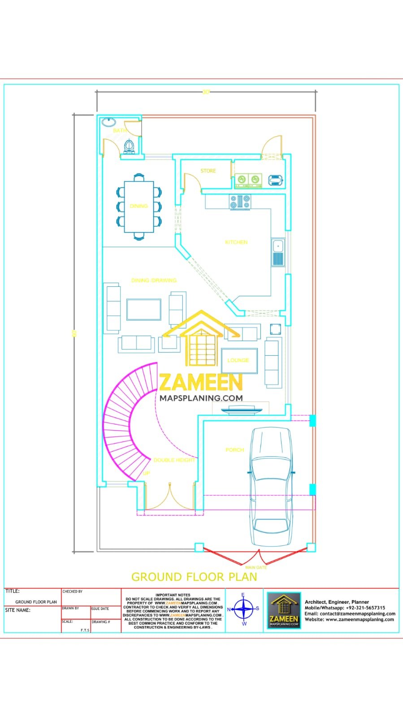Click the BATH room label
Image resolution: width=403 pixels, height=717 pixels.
120,130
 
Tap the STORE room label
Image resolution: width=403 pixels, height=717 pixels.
208,171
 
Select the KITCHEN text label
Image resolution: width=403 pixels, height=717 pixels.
236,242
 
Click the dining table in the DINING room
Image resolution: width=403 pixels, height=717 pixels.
139,206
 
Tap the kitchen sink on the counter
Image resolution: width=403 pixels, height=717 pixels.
278,252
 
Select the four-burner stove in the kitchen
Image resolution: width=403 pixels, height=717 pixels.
240,202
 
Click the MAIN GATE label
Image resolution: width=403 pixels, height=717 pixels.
256,567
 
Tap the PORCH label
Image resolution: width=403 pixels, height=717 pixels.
234,449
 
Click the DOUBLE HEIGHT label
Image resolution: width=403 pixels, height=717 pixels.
174,460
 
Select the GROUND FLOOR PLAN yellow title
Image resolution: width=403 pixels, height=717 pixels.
194,577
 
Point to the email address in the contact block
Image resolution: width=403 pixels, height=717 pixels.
350,613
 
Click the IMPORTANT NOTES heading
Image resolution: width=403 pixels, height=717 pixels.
173,595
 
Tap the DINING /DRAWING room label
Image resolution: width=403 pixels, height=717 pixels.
154,280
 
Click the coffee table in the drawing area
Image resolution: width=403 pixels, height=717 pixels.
143,309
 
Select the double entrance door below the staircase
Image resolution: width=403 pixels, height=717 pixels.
169,498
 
